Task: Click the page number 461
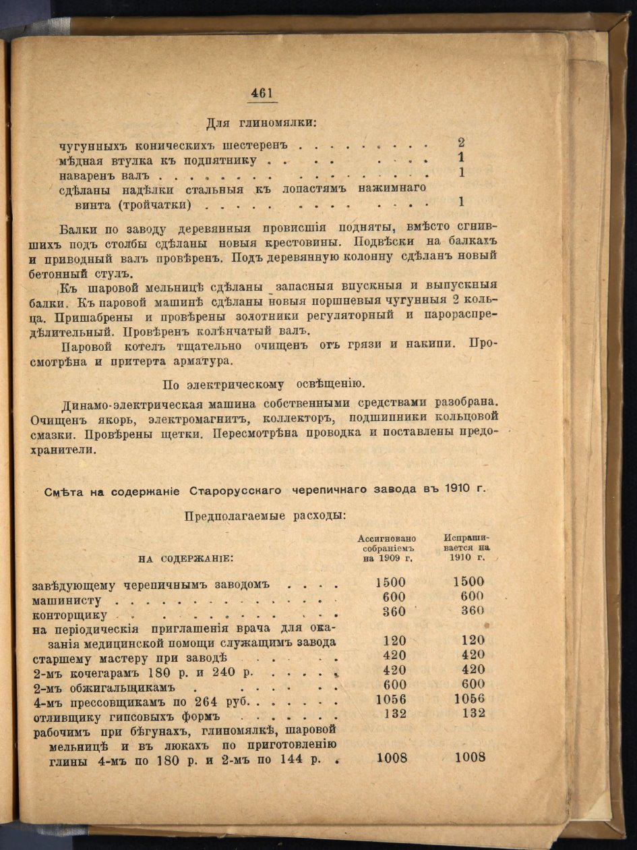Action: (261, 94)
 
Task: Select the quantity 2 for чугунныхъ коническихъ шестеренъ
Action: (461, 143)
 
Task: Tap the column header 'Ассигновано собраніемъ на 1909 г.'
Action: (387, 548)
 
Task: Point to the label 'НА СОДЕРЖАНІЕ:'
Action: (186, 559)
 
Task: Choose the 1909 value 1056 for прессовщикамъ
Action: (390, 700)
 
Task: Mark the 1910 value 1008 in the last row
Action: (470, 757)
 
